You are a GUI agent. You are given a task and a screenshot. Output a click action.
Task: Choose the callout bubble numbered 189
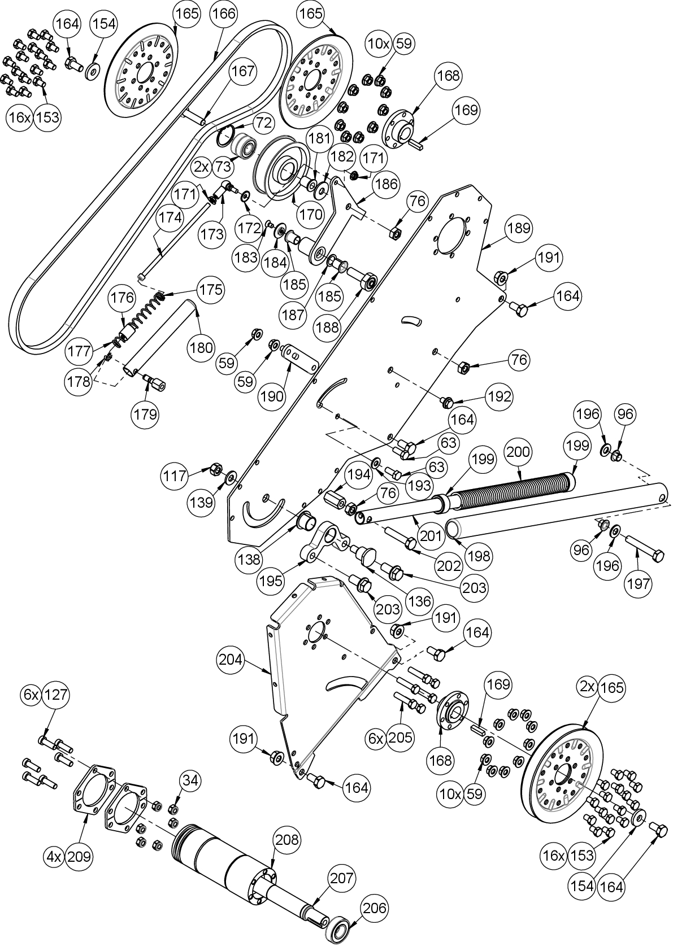pyautogui.click(x=519, y=228)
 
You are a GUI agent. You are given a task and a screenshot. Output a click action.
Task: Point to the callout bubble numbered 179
pyautogui.click(x=145, y=414)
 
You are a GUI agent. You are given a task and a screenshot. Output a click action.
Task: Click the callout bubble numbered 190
pyautogui.click(x=272, y=396)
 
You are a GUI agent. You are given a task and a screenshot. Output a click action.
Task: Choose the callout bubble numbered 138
pyautogui.click(x=250, y=560)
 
